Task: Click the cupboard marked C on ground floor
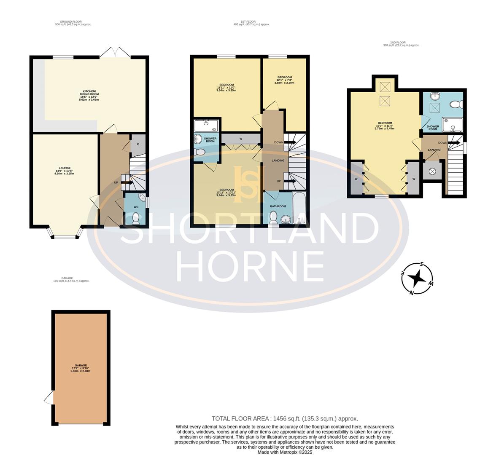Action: coord(138,145)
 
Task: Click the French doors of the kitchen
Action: coord(115,53)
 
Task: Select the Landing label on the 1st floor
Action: coord(278,161)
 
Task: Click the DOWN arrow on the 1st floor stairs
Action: coord(289,142)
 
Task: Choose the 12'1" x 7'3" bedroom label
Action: coord(284,80)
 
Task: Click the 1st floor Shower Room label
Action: coord(210,139)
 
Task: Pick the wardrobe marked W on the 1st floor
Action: coord(241,139)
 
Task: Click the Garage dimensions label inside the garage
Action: coord(81,368)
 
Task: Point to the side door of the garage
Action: coord(49,397)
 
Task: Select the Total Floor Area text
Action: coord(285,418)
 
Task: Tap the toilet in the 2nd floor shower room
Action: coord(456,104)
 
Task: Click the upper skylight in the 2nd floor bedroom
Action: coord(385,87)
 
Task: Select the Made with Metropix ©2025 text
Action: coord(285,452)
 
